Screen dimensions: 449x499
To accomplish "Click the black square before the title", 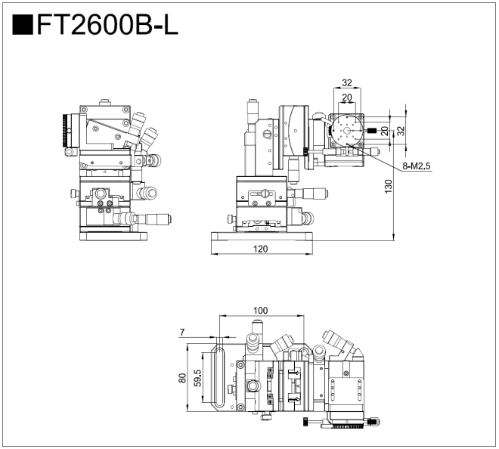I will point(23,26).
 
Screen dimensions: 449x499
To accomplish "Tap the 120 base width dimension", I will point(261,249).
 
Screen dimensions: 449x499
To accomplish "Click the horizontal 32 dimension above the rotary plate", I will point(347,83).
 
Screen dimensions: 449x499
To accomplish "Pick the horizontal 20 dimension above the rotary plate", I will point(347,97).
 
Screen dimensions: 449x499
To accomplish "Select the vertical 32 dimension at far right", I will point(402,130).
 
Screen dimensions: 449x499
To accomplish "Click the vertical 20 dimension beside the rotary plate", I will point(385,130).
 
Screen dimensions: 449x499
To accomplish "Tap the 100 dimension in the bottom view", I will point(260,311).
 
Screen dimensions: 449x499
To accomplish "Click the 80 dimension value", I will point(182,378).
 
